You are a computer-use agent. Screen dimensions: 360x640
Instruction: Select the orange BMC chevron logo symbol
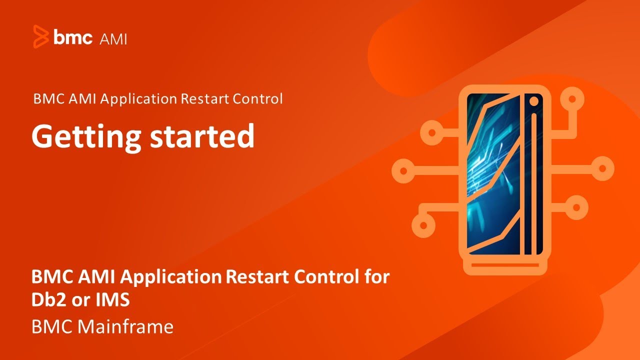click(x=41, y=36)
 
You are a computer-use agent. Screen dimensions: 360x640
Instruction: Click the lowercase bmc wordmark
click(x=73, y=37)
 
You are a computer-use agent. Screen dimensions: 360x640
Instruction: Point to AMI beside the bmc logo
click(x=113, y=38)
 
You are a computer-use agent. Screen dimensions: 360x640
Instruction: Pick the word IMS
click(x=114, y=300)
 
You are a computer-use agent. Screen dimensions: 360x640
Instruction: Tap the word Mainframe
click(x=125, y=327)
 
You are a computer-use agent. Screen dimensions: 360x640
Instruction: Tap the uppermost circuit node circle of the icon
click(x=569, y=99)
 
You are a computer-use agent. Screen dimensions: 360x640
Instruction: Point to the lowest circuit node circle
click(x=423, y=226)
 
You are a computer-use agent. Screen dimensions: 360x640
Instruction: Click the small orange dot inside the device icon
click(x=533, y=101)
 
